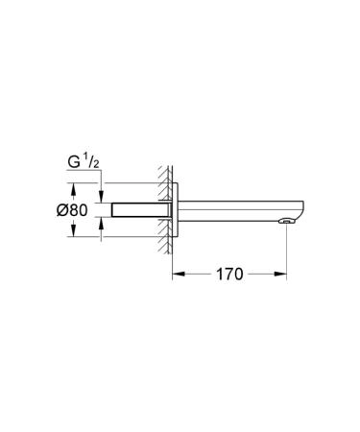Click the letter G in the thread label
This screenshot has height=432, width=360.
coord(74,164)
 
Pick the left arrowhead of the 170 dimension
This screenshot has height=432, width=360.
coord(178,273)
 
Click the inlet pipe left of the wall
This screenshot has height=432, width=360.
coord(134,209)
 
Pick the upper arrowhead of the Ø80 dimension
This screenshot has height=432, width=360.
coord(76,186)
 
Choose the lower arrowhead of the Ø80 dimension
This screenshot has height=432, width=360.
coord(76,232)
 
